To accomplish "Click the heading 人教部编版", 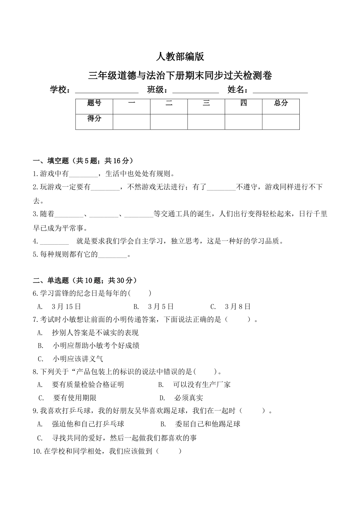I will (x=180, y=57).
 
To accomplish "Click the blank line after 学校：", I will (x=107, y=91).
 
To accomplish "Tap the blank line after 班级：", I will (x=196, y=91).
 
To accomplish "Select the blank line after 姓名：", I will (x=280, y=91).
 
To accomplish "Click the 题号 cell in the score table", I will (x=94, y=103).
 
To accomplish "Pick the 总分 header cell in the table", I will (x=281, y=103).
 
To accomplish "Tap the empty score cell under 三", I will (x=206, y=122).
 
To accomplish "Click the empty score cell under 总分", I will (x=281, y=122).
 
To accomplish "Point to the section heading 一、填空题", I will (x=83, y=161).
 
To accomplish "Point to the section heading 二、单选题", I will (x=85, y=281).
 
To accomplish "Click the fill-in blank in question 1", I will (x=83, y=174).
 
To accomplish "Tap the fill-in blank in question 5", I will (x=112, y=255).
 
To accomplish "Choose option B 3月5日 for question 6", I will (x=153, y=307).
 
